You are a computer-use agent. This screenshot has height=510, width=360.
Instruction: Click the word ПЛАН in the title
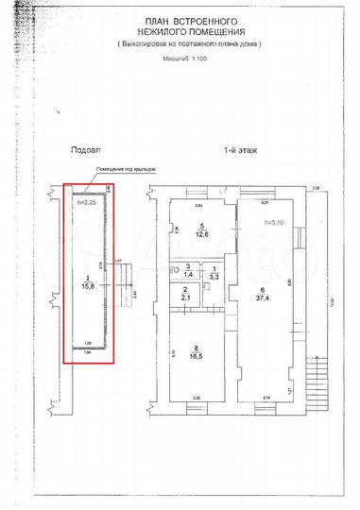coord(159,20)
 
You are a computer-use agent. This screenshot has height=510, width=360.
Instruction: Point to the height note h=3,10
coord(274,223)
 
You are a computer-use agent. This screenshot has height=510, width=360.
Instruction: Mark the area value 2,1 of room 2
coord(187,298)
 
